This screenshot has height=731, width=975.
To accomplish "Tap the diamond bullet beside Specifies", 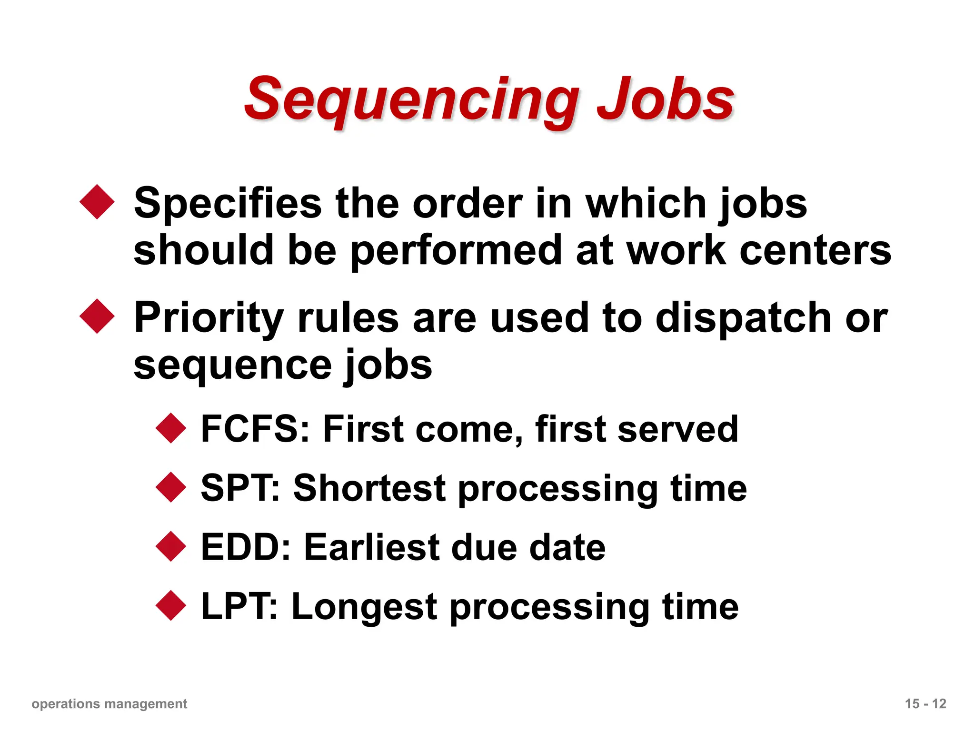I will [97, 202].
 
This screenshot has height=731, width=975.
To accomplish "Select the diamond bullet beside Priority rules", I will [97, 316].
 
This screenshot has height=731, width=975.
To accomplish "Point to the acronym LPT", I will [238, 606].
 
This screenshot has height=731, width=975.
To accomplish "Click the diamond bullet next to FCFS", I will [170, 428].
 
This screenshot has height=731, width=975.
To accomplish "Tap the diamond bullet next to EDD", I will [170, 546].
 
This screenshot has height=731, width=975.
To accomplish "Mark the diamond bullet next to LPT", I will [170, 605].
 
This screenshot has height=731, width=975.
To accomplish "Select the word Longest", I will [364, 607].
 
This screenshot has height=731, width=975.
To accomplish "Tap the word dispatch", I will [743, 318].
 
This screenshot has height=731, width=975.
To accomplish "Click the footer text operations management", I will [109, 704].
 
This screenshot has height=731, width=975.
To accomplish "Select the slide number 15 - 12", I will [925, 704].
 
